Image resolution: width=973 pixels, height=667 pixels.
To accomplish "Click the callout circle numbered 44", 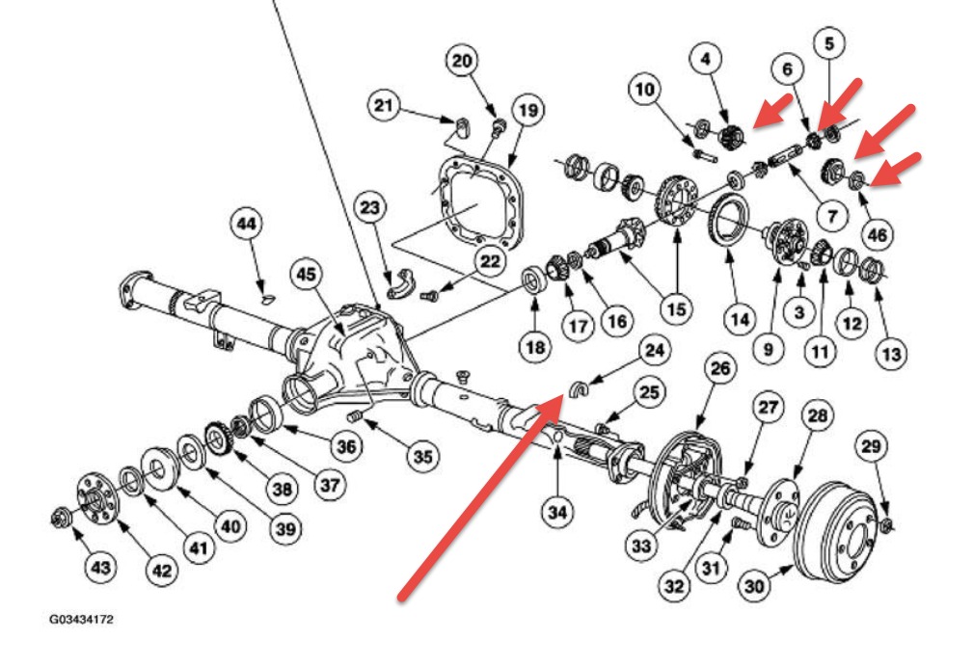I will pos(247,225).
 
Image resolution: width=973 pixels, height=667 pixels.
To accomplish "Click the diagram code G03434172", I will pos(82,620).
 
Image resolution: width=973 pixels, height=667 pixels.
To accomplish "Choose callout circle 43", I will pos(100,568).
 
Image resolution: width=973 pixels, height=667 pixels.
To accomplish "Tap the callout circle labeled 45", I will pos(306,276).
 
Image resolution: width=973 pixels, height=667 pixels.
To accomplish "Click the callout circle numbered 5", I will pos(828,43).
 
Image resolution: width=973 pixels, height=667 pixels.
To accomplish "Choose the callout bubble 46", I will pos(878,233).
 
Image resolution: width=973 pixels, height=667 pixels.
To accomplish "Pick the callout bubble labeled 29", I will pos(871,446).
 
